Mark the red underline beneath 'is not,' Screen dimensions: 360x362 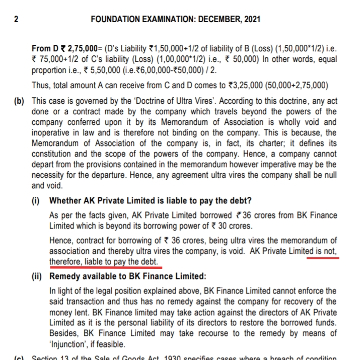(x=323, y=257)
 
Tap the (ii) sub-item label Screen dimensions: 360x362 (x=38, y=276)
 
